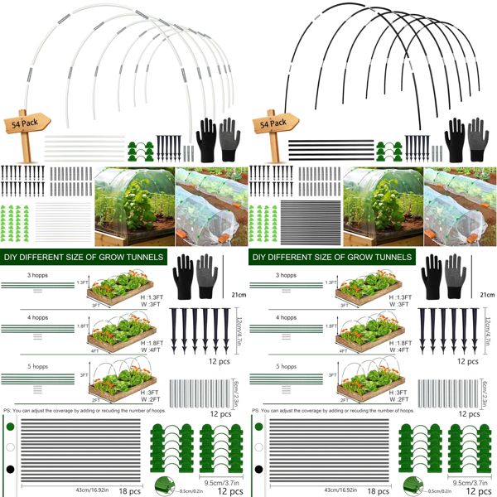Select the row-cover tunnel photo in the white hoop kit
pyautogui.click(x=211, y=205)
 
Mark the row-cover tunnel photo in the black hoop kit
pyautogui.click(x=460, y=205)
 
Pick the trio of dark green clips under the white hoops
pyautogui.click(x=142, y=149)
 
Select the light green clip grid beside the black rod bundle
pyautogui.click(x=266, y=221)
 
